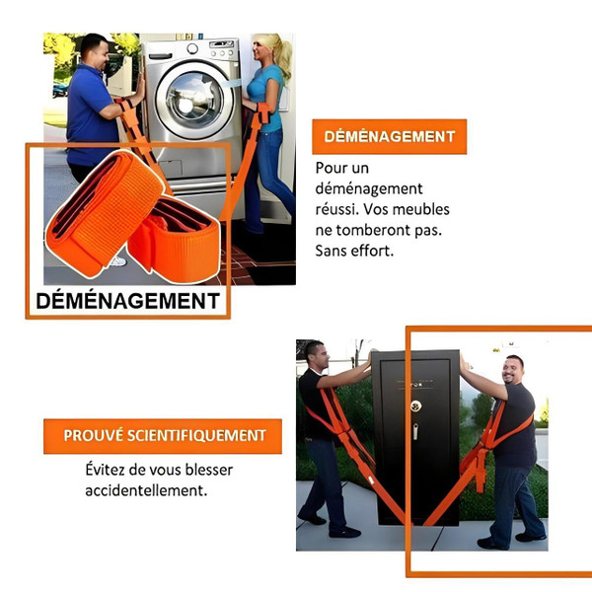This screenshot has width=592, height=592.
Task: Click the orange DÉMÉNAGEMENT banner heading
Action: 389,137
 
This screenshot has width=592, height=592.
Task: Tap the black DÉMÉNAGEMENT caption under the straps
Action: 128,300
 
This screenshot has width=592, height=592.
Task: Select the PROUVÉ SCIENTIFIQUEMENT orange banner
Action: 163,435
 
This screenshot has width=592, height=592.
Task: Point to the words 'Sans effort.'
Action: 355,251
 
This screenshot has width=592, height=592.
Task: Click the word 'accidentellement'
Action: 146,490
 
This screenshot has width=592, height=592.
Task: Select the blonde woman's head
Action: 267,50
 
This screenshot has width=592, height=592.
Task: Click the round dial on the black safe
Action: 416,406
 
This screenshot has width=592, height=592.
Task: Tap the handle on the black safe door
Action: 415,431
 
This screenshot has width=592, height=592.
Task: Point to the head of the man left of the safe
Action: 314,354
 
